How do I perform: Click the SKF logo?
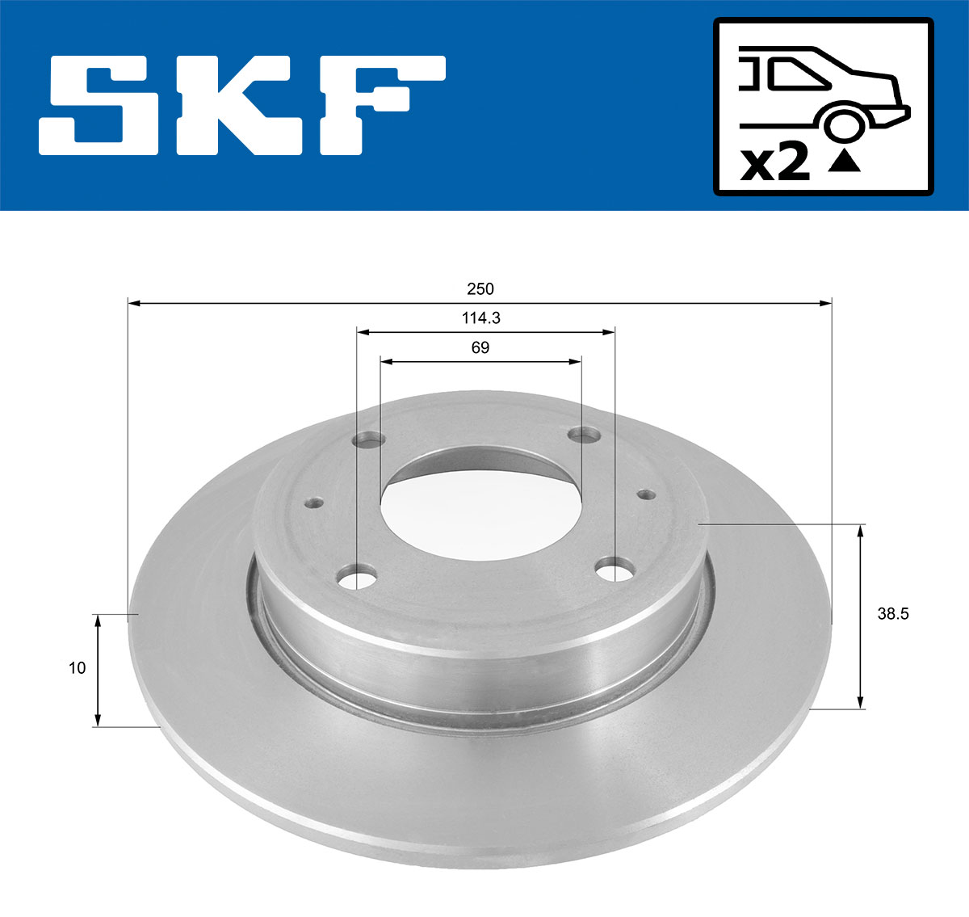click(x=242, y=105)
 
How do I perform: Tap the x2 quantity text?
click(x=775, y=162)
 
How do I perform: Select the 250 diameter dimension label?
click(x=480, y=288)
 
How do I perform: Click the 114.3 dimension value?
click(x=480, y=318)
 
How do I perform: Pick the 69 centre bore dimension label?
click(x=480, y=348)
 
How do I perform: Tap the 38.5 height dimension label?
click(x=893, y=614)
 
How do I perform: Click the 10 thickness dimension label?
click(x=77, y=668)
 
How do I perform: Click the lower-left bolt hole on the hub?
click(x=357, y=578)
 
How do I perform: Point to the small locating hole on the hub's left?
click(x=314, y=503)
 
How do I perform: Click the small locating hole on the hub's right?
click(x=645, y=494)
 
